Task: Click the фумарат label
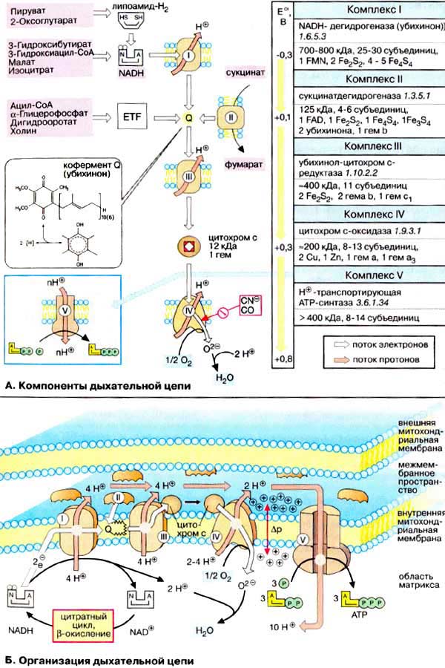pyautogui.click(x=237, y=162)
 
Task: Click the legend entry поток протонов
pyautogui.click(x=379, y=359)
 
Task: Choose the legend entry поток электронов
pyautogui.click(x=379, y=344)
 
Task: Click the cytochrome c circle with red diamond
pyautogui.click(x=188, y=245)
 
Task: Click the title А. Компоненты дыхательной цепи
pyautogui.click(x=96, y=386)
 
